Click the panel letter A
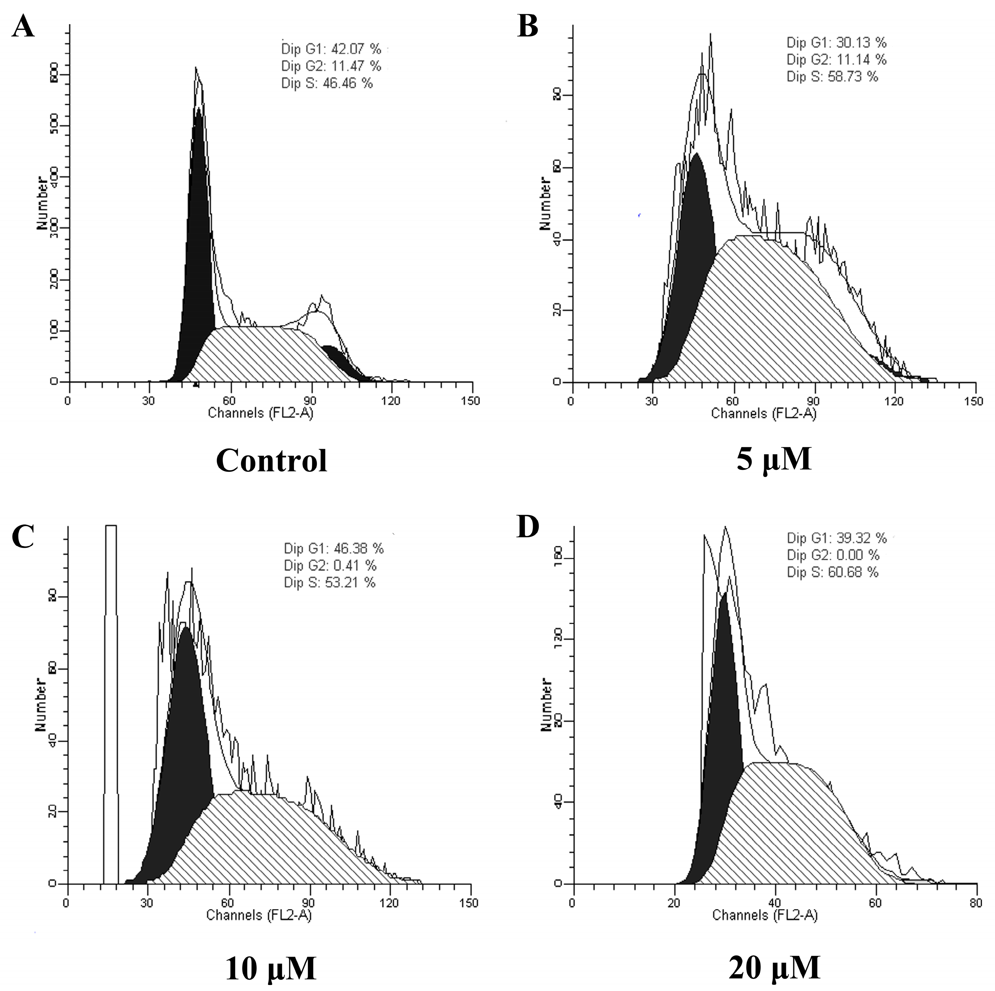tap(23, 27)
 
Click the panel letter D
tap(528, 527)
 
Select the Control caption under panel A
tap(272, 460)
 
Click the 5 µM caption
tap(774, 459)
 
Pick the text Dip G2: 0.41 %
tap(330, 566)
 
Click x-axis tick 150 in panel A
tap(471, 401)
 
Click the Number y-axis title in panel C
tap(40, 705)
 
